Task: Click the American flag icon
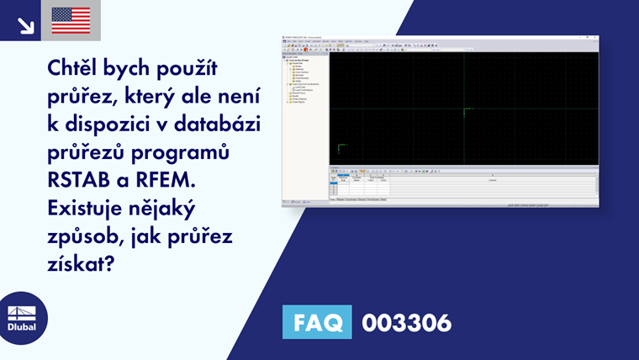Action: pos(71,20)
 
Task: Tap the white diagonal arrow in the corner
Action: pos(26,25)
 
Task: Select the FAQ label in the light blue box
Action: pos(317,322)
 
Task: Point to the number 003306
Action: pos(406,322)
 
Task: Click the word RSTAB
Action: pos(75,179)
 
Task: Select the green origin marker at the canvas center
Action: pos(465,109)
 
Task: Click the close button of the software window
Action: pos(595,38)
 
